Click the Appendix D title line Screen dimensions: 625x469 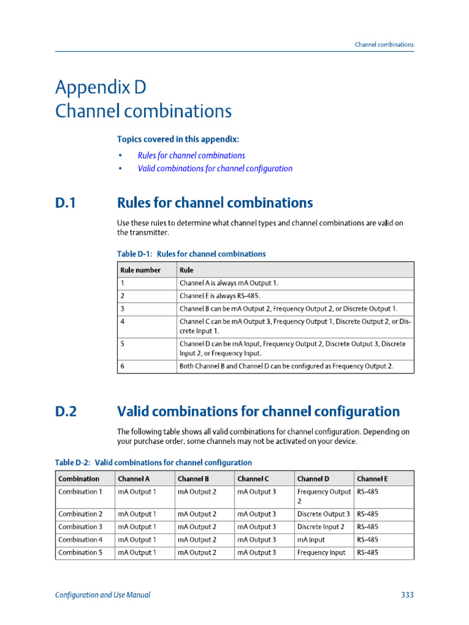click(101, 87)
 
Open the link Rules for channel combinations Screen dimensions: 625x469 click(191, 156)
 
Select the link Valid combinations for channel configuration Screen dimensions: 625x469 click(215, 168)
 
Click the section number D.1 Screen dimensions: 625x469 click(65, 203)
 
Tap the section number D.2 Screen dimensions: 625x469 click(66, 411)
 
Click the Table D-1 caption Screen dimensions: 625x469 click(191, 254)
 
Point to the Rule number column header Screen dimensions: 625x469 click(140, 270)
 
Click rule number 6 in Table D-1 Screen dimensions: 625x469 click(123, 366)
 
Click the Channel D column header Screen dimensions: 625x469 click(313, 479)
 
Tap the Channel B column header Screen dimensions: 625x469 click(194, 479)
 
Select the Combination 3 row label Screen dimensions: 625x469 click(80, 527)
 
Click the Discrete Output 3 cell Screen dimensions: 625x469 click(324, 514)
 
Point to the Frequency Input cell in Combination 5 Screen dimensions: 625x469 click(321, 552)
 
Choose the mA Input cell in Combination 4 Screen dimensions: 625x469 click(311, 540)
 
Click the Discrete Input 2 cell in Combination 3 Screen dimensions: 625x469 click(321, 527)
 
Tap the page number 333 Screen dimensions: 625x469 click(407, 595)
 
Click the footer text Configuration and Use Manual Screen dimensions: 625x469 click(103, 595)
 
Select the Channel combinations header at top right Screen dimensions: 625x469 click(384, 45)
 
